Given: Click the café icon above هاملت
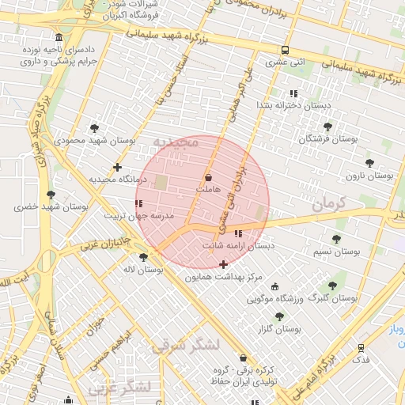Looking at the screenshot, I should point(208,177).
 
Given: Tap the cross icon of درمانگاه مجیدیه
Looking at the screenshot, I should point(117,167).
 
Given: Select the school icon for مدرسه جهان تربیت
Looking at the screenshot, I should point(139,204).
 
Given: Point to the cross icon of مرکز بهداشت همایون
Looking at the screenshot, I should point(224,264).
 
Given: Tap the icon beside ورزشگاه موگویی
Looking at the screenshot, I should point(274,286).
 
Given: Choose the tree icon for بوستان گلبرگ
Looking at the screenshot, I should point(331,286).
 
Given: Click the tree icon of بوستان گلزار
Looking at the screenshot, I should point(279,316).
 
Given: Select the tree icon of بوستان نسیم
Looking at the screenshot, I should point(336,239).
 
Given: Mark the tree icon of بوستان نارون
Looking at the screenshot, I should point(369,163).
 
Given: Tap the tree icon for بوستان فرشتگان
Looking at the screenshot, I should point(327,127).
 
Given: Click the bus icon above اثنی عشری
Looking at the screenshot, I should point(286,50).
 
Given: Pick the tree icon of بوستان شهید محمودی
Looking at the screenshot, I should point(95,128).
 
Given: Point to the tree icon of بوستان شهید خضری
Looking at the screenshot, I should point(51,195).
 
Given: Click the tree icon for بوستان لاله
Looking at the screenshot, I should point(143,257).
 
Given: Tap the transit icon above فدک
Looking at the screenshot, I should point(361,347).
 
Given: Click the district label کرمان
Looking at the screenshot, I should point(329,203).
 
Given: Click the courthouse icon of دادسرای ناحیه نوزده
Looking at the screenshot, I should point(59,38).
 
